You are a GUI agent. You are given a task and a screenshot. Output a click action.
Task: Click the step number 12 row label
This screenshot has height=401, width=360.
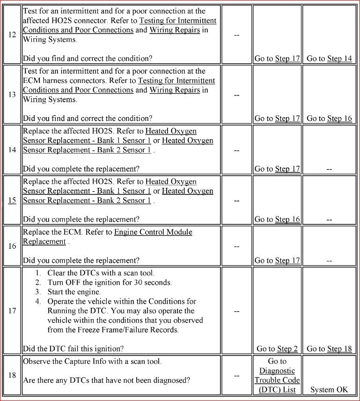coord(12,35)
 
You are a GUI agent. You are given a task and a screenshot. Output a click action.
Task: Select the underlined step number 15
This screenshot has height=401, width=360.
coord(12,200)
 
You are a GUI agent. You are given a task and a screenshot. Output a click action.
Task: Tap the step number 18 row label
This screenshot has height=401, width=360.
coord(12,376)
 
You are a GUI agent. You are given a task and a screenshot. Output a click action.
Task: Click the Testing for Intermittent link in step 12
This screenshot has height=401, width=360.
coord(177,21)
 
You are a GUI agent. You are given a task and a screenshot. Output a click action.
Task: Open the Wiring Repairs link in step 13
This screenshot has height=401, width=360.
coord(175,90)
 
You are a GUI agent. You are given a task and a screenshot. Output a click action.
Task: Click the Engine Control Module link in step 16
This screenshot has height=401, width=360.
coord(153,232)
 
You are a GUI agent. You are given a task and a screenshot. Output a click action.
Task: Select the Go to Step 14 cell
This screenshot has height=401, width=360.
coord(329,59)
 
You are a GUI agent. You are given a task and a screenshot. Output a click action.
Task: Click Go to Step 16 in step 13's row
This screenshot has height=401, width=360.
coord(329,119)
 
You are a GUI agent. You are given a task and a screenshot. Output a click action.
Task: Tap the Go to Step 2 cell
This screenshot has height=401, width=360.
coord(277,349)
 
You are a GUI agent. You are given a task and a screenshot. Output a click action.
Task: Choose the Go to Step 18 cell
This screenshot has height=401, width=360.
coord(329,349)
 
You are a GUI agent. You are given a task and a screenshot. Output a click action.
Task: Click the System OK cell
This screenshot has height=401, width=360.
coord(329,390)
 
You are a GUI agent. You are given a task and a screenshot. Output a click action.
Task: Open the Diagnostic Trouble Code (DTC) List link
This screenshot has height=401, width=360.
coord(277,380)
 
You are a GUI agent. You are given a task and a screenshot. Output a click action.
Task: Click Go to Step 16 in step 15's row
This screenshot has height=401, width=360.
coord(277,219)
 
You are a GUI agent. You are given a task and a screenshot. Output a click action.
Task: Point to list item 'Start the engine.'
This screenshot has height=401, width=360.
coord(74,292)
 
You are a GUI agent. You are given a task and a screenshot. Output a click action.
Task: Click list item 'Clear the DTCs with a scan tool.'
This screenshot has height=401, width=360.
coord(101,273)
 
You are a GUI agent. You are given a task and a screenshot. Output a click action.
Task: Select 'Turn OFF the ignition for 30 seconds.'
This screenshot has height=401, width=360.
coord(110,282)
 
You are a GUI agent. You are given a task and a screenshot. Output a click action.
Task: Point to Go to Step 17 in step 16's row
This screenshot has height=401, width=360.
coord(277,260)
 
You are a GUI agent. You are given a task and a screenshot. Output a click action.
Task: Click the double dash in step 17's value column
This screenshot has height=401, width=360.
coord(237,311)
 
